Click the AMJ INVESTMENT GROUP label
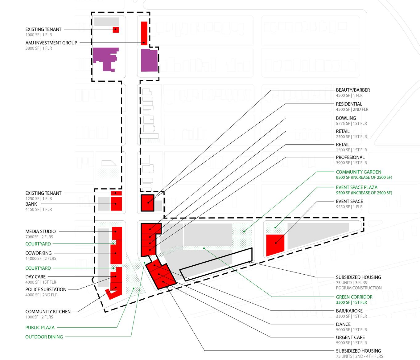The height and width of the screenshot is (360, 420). pyautogui.click(x=51, y=43)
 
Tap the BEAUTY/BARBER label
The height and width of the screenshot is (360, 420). pyautogui.click(x=353, y=90)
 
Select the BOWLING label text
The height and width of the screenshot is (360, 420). pyautogui.click(x=346, y=118)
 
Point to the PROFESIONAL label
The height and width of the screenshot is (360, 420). pyautogui.click(x=350, y=157)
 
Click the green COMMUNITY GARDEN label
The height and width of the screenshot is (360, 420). pyautogui.click(x=358, y=172)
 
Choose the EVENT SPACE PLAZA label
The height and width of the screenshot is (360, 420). pyautogui.click(x=356, y=187)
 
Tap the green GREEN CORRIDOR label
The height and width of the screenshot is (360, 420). pyautogui.click(x=354, y=297)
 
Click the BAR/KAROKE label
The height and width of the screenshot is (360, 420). pyautogui.click(x=349, y=311)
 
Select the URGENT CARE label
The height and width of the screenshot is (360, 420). pyautogui.click(x=350, y=337)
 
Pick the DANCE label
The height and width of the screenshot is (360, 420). pyautogui.click(x=343, y=324)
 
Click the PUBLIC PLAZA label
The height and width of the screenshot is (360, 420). pyautogui.click(x=40, y=328)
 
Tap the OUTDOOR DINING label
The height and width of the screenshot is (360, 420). pyautogui.click(x=44, y=337)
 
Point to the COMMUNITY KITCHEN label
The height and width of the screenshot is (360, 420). pyautogui.click(x=48, y=312)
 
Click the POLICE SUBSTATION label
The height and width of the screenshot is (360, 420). pyautogui.click(x=46, y=289)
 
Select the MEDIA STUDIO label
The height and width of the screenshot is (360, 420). pyautogui.click(x=40, y=231)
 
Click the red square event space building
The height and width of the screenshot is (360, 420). pyautogui.click(x=275, y=244)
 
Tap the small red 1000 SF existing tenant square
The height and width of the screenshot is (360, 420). pyautogui.click(x=116, y=30)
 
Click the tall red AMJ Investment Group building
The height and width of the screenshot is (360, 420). pyautogui.click(x=144, y=33)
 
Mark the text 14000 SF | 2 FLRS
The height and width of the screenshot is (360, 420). pyautogui.click(x=41, y=259)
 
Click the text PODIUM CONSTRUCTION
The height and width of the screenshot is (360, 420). pyautogui.click(x=359, y=288)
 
